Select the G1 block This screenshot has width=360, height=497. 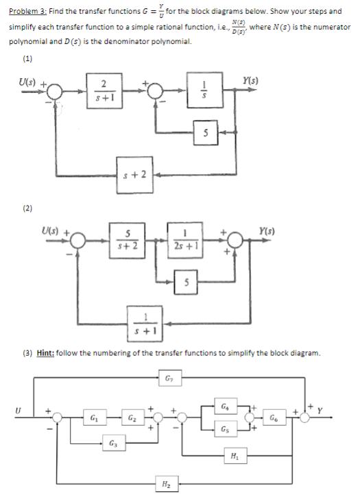click(94, 416)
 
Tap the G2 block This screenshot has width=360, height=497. click(132, 416)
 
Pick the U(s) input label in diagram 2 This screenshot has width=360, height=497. click(53, 221)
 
